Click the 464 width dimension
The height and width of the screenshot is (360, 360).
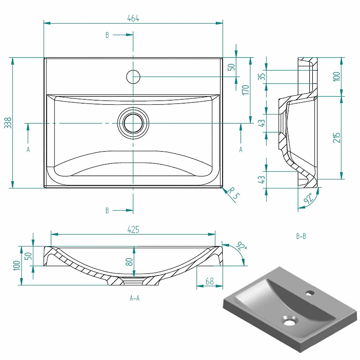pyautogui.click(x=133, y=18)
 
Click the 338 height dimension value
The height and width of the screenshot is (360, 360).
pyautogui.click(x=8, y=123)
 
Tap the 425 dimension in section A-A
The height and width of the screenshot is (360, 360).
pyautogui.click(x=133, y=230)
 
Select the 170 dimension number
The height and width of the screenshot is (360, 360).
pyautogui.click(x=246, y=90)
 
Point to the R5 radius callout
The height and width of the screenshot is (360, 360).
pyautogui.click(x=233, y=193)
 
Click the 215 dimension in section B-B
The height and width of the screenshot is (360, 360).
pyautogui.click(x=337, y=138)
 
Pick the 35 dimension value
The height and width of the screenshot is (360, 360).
pyautogui.click(x=261, y=77)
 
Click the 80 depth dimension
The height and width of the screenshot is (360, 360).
pyautogui.click(x=129, y=262)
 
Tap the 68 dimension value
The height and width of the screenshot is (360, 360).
pyautogui.click(x=210, y=281)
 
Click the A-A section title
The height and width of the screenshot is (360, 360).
pyautogui.click(x=135, y=298)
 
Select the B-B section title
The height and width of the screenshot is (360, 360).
pyautogui.click(x=301, y=236)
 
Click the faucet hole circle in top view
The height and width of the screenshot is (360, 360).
pyautogui.click(x=133, y=77)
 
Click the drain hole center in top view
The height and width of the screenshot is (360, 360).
pyautogui.click(x=133, y=123)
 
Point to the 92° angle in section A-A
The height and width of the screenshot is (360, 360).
pyautogui.click(x=241, y=246)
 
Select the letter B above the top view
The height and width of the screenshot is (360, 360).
pyautogui.click(x=107, y=35)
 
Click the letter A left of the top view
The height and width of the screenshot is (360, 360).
pyautogui.click(x=28, y=149)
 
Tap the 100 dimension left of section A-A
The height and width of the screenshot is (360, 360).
pyautogui.click(x=17, y=265)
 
